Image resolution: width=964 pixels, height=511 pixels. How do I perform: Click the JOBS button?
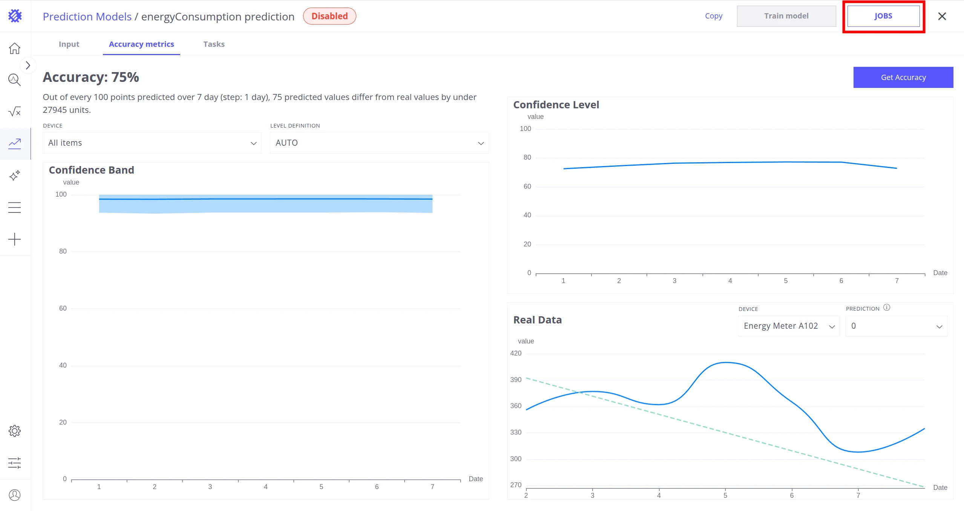[883, 16]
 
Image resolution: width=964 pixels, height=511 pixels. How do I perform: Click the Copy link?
[714, 16]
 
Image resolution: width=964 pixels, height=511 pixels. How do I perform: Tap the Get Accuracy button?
[903, 77]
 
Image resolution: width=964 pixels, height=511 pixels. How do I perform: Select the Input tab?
[69, 44]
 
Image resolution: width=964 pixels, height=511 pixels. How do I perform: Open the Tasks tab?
[214, 44]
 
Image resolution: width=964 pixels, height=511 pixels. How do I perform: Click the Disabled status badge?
[330, 16]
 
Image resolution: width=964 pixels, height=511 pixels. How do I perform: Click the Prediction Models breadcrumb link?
[87, 17]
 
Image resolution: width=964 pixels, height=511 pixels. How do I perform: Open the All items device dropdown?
[152, 143]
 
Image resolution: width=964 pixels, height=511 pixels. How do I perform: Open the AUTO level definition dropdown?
[379, 143]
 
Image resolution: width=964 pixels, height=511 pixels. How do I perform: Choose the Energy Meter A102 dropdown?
[789, 326]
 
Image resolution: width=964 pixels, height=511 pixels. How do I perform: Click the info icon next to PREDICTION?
[887, 308]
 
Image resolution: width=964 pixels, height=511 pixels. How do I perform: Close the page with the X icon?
[942, 16]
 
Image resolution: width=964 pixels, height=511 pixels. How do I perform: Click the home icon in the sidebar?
[15, 48]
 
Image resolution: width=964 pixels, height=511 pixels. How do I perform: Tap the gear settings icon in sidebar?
[15, 431]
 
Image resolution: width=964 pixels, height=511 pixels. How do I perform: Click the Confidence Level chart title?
[556, 105]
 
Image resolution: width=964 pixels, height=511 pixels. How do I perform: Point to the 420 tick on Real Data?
[516, 353]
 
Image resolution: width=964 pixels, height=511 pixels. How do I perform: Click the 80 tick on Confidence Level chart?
[527, 157]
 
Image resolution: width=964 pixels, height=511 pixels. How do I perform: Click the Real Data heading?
[538, 320]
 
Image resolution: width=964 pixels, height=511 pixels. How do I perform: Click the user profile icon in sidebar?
[15, 495]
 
